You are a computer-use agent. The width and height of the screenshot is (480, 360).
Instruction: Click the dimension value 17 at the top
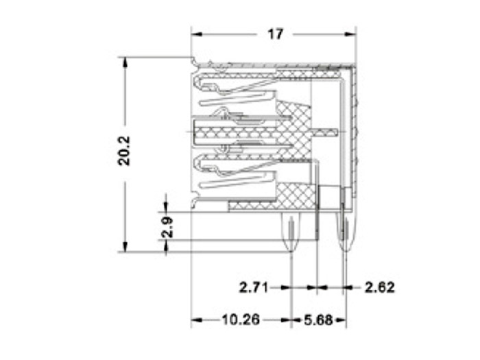pos(275,34)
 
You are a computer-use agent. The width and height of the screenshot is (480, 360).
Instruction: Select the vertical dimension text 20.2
pos(124,150)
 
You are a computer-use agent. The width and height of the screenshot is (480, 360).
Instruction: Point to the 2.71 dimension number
pos(254,287)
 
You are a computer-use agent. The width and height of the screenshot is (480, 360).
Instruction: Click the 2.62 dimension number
pos(379,287)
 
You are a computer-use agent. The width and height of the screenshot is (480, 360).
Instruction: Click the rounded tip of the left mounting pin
pos(291,248)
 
